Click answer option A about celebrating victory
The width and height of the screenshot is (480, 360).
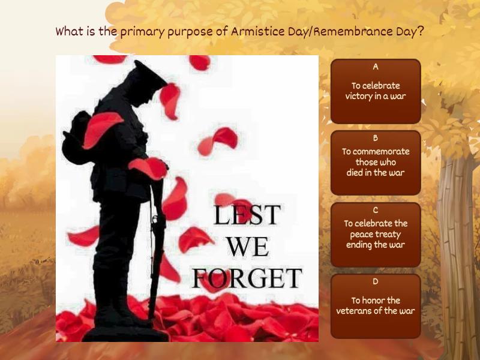376,91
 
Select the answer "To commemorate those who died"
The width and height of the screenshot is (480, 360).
376,163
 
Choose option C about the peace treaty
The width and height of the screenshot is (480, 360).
376,235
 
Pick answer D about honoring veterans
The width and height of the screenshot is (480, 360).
376,306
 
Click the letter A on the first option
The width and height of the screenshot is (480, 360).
376,67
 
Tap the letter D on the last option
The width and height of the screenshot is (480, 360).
376,281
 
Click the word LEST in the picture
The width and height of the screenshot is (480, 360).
247,215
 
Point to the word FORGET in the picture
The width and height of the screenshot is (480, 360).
247,278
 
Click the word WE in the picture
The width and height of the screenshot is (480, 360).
247,247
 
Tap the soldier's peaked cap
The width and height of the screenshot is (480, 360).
148,73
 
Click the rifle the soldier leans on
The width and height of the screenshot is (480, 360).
157,240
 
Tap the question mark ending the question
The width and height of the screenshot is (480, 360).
421,31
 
